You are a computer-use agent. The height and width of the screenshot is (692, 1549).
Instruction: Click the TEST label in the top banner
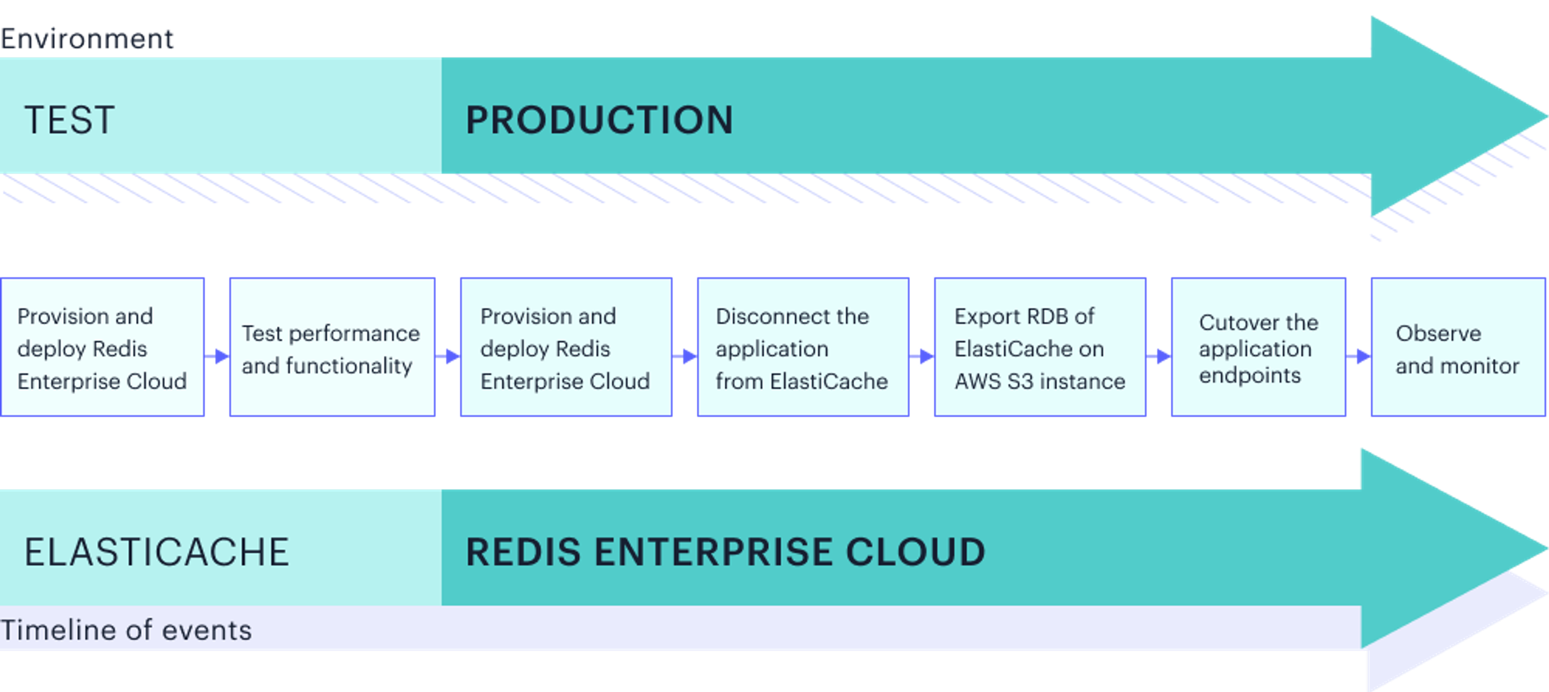click(x=70, y=120)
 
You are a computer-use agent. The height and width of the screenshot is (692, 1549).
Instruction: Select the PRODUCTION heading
click(x=599, y=120)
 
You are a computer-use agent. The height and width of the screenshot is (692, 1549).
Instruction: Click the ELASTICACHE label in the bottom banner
click(x=157, y=552)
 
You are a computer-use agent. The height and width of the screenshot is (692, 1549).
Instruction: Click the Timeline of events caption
click(x=126, y=630)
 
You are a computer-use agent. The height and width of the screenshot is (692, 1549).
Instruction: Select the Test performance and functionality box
click(x=332, y=347)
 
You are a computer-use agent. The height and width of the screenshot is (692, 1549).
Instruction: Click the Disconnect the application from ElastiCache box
click(x=803, y=347)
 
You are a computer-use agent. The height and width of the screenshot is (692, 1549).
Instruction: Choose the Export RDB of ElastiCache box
click(x=1040, y=347)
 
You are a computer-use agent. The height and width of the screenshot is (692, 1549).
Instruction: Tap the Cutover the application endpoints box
click(x=1258, y=347)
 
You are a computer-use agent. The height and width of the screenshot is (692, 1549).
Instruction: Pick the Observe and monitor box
click(x=1457, y=347)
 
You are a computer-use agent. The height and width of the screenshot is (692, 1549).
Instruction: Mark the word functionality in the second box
click(x=349, y=365)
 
